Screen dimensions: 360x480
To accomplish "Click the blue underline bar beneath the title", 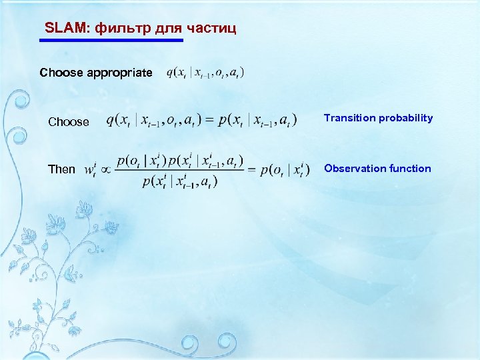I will tap(111, 41).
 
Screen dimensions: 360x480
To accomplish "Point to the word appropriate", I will tap(119, 72).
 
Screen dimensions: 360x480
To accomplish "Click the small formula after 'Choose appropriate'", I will tap(205, 72).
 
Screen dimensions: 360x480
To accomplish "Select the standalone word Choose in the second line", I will tap(68, 122).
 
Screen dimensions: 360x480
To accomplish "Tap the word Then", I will tap(61, 169).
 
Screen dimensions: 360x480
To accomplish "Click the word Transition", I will tap(350, 118).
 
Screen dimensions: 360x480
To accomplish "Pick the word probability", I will tap(405, 118).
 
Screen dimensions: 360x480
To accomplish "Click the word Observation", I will tap(353, 169).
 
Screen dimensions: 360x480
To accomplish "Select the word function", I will tap(409, 169).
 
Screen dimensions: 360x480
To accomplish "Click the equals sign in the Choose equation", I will tap(208, 120).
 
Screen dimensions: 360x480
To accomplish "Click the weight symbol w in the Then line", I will tap(91, 170).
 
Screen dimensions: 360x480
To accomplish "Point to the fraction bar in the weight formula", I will tap(180, 171).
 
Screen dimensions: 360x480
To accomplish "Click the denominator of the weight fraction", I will tap(179, 181).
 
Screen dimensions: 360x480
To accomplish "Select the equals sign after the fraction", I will tap(252, 171).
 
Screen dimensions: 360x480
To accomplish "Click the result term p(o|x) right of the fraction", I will tap(285, 170).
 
